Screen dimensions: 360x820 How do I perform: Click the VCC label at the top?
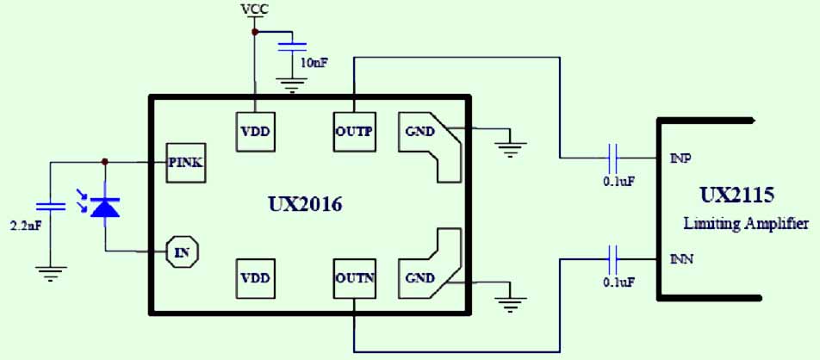pyautogui.click(x=255, y=9)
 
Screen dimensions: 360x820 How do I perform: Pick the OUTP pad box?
pyautogui.click(x=353, y=132)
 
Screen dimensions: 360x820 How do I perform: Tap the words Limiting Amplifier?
pyautogui.click(x=746, y=224)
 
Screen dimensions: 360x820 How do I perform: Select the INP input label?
pyautogui.click(x=681, y=158)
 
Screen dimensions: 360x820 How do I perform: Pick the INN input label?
pyautogui.click(x=682, y=258)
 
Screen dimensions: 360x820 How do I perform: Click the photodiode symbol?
pyautogui.click(x=105, y=207)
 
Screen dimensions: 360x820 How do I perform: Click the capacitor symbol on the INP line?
pyautogui.click(x=613, y=158)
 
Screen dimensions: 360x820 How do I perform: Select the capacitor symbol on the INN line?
pyautogui.click(x=613, y=257)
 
